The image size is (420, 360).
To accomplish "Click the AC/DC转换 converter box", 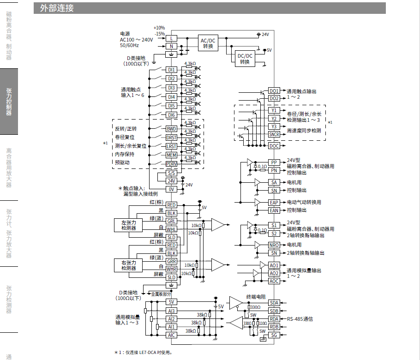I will point(208,43).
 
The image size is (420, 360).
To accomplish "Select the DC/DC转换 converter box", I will point(245,59).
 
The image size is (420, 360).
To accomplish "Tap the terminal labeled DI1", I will point(171,70).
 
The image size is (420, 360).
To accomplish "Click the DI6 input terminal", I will point(171,115).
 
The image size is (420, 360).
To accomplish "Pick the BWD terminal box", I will point(171,128).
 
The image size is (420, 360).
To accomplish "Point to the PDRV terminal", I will point(171,163).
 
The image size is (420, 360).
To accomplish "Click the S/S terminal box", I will point(171,173).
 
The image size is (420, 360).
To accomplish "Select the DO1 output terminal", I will point(274,91).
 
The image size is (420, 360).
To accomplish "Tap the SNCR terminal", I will point(274,134).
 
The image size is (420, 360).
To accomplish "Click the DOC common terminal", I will point(274,145).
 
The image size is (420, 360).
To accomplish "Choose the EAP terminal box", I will point(274,202).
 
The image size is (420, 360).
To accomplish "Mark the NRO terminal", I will point(274,245).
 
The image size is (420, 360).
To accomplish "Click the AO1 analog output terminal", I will point(274,265).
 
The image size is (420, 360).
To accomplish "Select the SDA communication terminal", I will point(274,303).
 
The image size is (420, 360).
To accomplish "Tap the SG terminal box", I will point(274,335).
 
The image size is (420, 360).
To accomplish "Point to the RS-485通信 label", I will point(300,319).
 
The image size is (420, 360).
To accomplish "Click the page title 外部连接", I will point(57,8).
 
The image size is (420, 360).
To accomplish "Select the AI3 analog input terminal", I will point(171,311).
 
